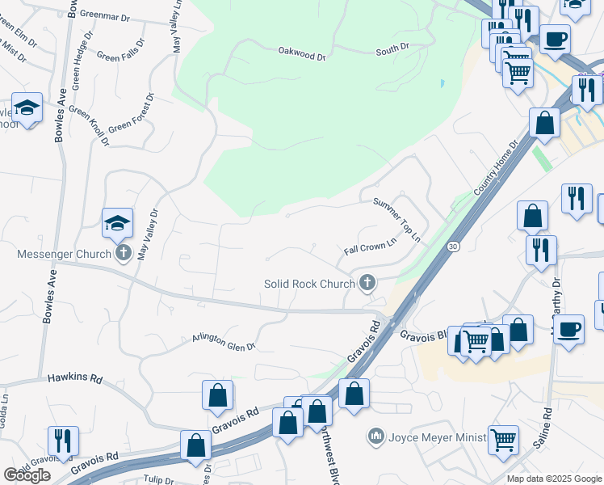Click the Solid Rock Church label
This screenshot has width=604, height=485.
pos(310,284)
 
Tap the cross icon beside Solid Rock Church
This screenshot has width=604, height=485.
pos(367,283)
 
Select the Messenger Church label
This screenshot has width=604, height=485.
pos(65,255)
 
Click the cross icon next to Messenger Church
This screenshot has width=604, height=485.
pos(123,254)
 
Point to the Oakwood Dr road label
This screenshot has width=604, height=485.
pos(301,57)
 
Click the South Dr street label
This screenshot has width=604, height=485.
pos(392,52)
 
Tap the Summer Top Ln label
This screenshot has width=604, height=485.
pos(397,221)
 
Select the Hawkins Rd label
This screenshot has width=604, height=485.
pos(75,377)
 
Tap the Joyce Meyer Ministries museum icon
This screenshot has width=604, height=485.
pos(375,437)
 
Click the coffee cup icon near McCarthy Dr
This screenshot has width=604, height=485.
pos(569,330)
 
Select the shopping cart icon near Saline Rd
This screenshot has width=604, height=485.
pos(503,441)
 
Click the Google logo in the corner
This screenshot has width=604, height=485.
pos(27,474)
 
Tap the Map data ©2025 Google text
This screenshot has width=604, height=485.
pos(554,479)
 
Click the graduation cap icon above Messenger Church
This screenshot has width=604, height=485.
pos(117,222)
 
